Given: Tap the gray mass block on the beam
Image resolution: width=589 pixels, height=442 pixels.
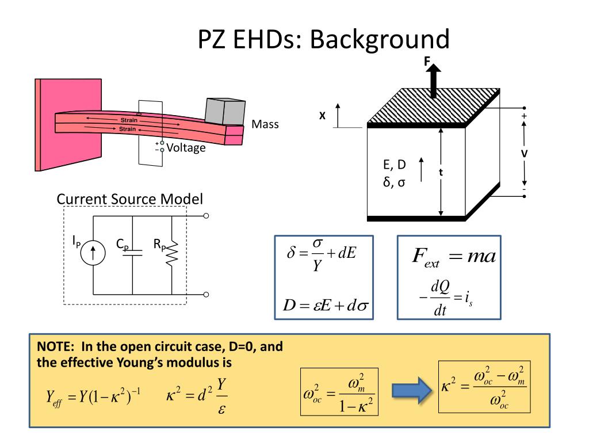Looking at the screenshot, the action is click(x=225, y=112).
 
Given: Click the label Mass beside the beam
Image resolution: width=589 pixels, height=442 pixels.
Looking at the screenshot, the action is click(x=265, y=124).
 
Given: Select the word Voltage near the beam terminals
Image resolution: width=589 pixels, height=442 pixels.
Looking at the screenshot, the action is click(x=186, y=148).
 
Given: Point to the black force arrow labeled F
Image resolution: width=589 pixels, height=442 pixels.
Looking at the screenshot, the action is click(x=434, y=79).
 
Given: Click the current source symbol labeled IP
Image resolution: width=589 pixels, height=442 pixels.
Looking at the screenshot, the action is click(x=93, y=253).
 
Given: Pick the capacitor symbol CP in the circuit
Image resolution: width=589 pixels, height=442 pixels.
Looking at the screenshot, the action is click(x=133, y=253).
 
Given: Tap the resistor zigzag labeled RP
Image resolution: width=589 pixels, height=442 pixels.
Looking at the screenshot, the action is click(x=172, y=254).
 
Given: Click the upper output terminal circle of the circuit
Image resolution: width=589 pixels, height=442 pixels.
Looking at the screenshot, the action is click(x=206, y=216).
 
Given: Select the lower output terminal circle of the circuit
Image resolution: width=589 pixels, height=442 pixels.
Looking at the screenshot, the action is click(x=206, y=294).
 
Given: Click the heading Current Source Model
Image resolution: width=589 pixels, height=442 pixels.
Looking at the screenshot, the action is click(x=129, y=199).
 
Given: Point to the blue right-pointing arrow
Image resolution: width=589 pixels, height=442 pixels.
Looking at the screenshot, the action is click(x=412, y=391).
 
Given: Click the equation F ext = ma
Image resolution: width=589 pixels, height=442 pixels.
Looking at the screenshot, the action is click(x=454, y=257).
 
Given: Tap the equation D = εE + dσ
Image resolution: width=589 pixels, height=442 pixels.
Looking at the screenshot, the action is click(x=326, y=305).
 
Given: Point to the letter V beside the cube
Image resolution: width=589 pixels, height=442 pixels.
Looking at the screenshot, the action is click(x=524, y=154).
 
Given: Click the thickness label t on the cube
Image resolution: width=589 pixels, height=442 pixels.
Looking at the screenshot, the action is click(x=441, y=173).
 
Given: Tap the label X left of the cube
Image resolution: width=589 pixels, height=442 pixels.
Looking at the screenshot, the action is click(x=322, y=116).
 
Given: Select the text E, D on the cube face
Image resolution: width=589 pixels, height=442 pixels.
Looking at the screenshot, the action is click(x=395, y=165).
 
